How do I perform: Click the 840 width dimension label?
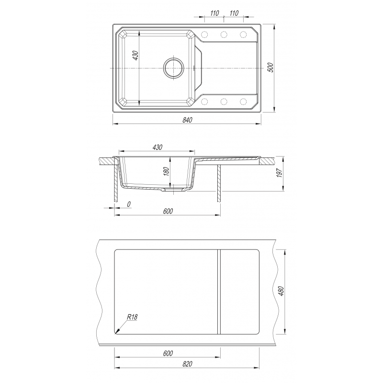187,120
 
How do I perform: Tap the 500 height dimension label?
270,68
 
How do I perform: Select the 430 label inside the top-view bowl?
135,56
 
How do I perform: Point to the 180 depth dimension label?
166,171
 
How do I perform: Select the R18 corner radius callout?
132,317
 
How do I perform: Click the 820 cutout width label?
187,364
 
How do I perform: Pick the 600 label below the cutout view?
168,353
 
